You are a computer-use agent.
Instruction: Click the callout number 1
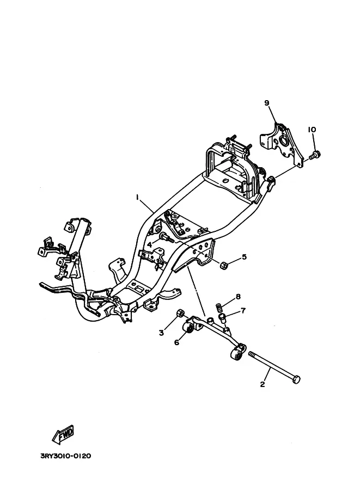(137, 197)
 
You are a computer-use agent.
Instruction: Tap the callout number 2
(263, 384)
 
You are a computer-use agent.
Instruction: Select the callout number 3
(161, 333)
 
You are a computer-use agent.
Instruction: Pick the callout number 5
(244, 256)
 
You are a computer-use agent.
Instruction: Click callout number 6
(176, 342)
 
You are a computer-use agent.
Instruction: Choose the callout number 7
(243, 311)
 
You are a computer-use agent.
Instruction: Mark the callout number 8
(238, 297)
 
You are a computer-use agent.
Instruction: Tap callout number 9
(266, 103)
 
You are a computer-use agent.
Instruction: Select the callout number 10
(312, 130)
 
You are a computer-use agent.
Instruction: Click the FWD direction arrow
(63, 434)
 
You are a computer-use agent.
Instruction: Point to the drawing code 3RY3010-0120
(66, 456)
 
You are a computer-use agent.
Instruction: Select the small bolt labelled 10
(315, 155)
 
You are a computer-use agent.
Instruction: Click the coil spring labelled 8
(218, 308)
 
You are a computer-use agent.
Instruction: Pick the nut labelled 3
(180, 313)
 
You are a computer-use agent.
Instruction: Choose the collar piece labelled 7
(223, 317)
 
